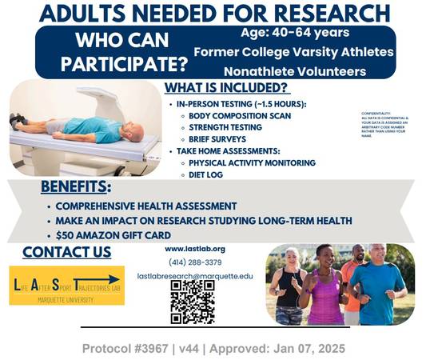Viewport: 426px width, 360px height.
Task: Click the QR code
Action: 193,301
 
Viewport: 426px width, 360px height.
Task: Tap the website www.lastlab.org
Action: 193,249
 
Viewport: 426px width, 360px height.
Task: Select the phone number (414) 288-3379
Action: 193,262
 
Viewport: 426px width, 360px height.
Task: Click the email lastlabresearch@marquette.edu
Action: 194,275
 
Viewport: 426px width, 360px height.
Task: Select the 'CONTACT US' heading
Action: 66,253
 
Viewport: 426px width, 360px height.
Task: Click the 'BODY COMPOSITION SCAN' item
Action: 240,115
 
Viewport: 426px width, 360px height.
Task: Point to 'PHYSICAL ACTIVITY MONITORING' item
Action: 253,162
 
